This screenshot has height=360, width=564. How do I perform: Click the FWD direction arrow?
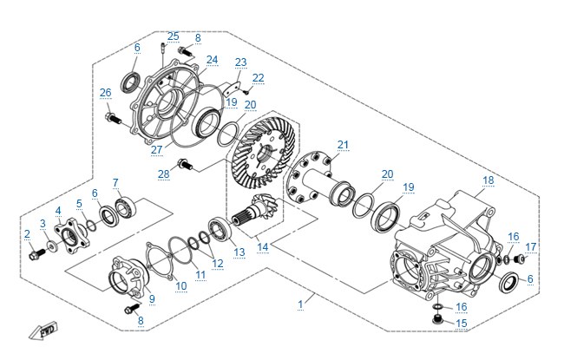[43, 331]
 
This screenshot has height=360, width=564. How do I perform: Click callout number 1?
[300, 304]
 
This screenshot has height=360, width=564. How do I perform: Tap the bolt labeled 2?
[36, 254]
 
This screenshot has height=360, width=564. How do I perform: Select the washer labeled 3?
[53, 246]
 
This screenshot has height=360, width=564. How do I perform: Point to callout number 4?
[58, 211]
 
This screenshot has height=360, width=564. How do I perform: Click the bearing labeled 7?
[127, 208]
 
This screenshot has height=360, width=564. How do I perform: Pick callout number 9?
[152, 298]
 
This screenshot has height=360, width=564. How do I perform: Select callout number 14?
[263, 247]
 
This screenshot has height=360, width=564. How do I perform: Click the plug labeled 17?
[519, 259]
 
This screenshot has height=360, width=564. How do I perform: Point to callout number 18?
[489, 180]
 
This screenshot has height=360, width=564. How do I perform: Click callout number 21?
[343, 145]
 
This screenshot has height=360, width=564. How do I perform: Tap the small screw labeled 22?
[246, 92]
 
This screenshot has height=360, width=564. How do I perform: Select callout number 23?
[240, 62]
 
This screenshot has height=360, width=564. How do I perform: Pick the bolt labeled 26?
[114, 118]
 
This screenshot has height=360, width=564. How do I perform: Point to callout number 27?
[156, 149]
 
